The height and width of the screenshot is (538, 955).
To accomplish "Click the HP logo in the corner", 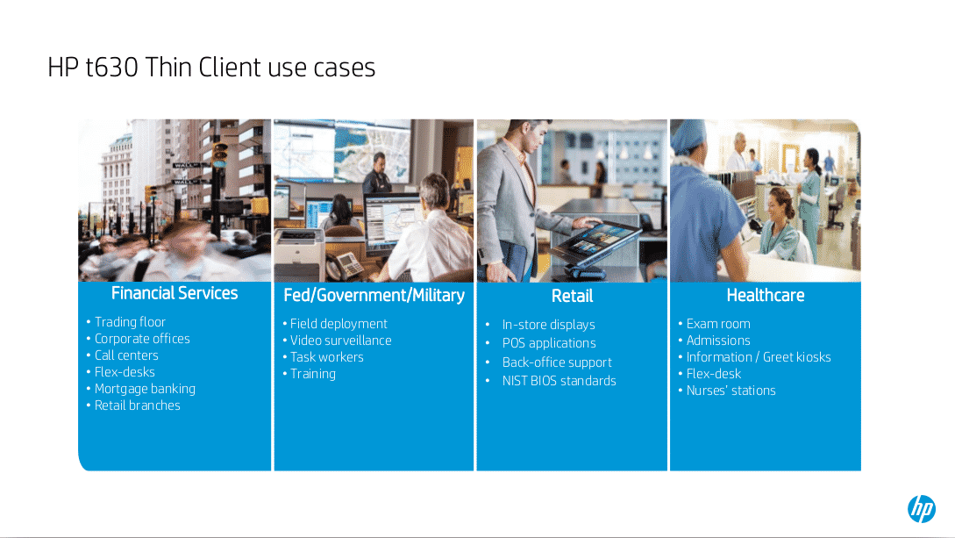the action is tap(922, 508).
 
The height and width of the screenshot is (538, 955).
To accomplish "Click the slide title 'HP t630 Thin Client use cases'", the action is tap(211, 67).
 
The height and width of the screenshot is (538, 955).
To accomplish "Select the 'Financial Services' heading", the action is tap(175, 293).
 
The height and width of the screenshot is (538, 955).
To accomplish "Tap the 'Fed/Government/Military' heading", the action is tap(374, 296).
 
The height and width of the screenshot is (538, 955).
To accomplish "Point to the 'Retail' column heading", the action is tap(572, 296).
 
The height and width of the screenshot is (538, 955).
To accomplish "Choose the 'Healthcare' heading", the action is tap(765, 296).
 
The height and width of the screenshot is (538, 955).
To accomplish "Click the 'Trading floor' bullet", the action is tap(130, 322).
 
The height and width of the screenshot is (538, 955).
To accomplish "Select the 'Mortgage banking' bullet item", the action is tap(145, 389).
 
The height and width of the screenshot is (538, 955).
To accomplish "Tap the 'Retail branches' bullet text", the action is tap(137, 405).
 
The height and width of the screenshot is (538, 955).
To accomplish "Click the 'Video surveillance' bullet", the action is tap(340, 341).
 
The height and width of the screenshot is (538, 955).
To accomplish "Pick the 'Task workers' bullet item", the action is tap(326, 357).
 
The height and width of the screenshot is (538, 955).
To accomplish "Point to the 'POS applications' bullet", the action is tap(549, 343).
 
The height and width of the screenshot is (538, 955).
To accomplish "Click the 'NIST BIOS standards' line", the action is tap(559, 381).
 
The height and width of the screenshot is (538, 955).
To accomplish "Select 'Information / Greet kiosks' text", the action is tap(759, 357).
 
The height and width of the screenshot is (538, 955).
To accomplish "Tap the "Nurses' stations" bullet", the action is tap(731, 391).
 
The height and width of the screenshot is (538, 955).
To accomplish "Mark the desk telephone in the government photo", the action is tap(345, 266).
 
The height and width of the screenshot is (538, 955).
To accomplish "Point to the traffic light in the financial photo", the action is tap(219, 152).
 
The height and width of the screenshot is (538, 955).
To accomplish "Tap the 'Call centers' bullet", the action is tap(126, 355).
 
